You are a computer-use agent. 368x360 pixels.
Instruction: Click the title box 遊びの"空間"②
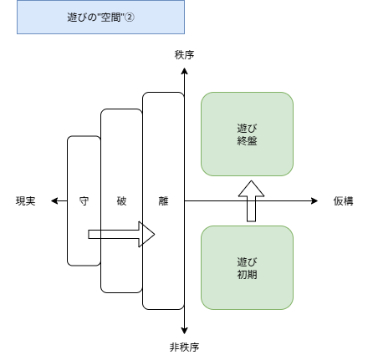[x=100, y=17]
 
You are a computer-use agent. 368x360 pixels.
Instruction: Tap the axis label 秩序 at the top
[x=184, y=54]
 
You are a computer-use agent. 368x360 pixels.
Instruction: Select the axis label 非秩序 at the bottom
[x=184, y=347]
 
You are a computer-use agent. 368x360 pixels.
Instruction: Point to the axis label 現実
[x=26, y=201]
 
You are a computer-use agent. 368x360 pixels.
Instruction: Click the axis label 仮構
[x=343, y=201]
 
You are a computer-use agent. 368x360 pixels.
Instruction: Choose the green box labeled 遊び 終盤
[x=247, y=134]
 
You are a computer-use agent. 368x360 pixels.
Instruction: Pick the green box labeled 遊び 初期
[x=247, y=267]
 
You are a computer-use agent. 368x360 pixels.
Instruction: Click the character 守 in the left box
[x=84, y=201]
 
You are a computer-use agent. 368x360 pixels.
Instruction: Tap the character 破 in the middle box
[x=121, y=201]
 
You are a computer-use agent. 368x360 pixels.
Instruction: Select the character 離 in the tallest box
[x=163, y=201]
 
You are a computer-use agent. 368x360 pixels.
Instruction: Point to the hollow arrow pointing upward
[x=251, y=200]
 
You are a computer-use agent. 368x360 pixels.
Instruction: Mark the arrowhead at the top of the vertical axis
[x=184, y=72]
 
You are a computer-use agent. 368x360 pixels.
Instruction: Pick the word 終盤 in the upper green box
[x=247, y=140]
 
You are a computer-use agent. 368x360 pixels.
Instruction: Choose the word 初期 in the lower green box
[x=247, y=274]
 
